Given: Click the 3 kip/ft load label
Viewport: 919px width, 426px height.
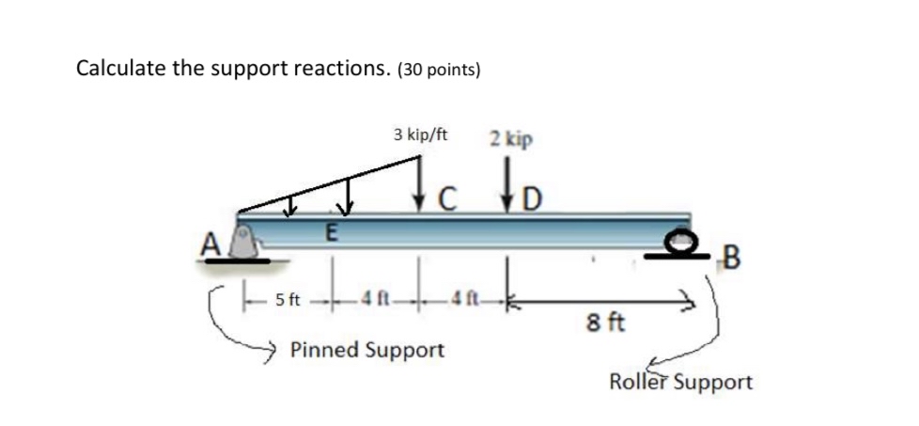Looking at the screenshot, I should (420, 134).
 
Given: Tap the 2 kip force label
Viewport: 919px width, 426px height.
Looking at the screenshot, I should (511, 138).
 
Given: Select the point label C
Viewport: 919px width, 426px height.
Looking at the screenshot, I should (448, 198).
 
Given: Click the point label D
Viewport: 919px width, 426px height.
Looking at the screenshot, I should (532, 199).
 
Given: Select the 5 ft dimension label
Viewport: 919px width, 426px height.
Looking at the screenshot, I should (288, 301).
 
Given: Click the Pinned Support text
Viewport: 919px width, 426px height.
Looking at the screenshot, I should (366, 351).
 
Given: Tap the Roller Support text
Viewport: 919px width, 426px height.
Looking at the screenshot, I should (680, 383).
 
